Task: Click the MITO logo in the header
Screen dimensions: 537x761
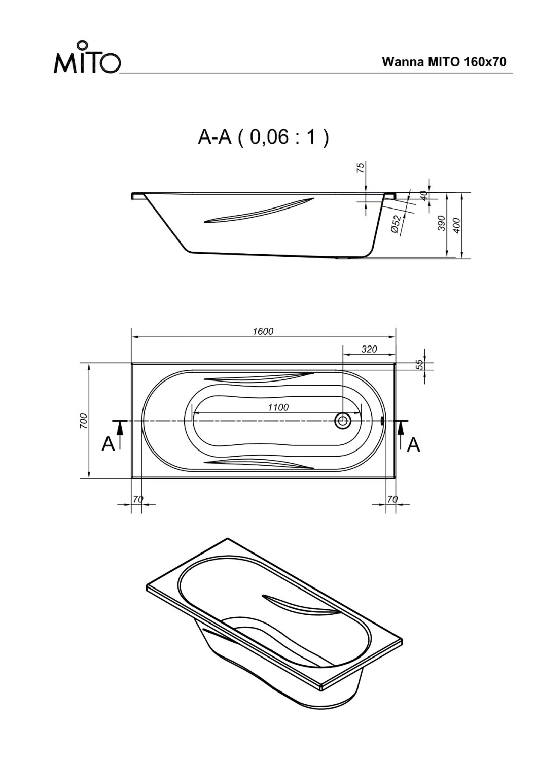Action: tap(87, 58)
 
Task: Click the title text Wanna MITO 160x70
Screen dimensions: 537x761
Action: tap(444, 62)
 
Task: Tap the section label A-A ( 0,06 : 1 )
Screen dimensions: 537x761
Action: tap(263, 137)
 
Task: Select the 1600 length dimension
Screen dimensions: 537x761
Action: tap(263, 331)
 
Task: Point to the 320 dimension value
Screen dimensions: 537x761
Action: tap(369, 349)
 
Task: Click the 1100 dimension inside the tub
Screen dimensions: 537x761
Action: tap(278, 407)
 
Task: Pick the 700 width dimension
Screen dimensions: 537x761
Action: tap(84, 421)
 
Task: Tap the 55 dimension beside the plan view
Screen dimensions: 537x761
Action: tap(420, 364)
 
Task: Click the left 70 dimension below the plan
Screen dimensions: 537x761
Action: tap(138, 499)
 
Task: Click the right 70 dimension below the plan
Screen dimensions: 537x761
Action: tap(392, 499)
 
